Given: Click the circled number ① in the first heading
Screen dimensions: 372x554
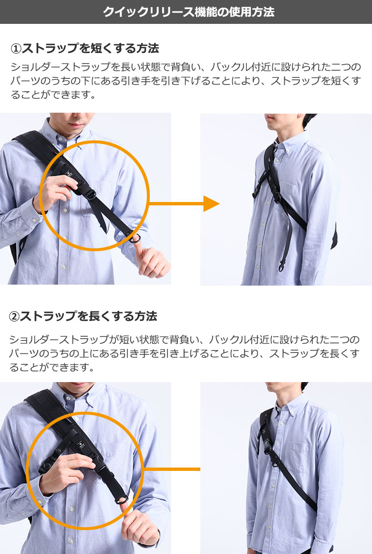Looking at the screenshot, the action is pyautogui.click(x=16, y=48).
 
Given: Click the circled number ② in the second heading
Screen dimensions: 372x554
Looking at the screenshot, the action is pyautogui.click(x=14, y=316).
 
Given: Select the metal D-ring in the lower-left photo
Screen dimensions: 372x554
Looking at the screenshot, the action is pyautogui.click(x=122, y=499).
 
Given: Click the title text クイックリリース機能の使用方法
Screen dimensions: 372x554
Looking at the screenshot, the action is pyautogui.click(x=188, y=11).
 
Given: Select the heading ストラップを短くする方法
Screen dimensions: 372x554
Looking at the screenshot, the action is pyautogui.click(x=90, y=48).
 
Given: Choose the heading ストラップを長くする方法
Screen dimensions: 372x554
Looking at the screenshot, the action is pyautogui.click(x=88, y=316).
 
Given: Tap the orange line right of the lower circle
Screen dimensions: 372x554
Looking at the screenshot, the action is pyautogui.click(x=172, y=469).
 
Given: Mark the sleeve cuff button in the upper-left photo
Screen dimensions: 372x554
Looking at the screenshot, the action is pyautogui.click(x=34, y=220).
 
